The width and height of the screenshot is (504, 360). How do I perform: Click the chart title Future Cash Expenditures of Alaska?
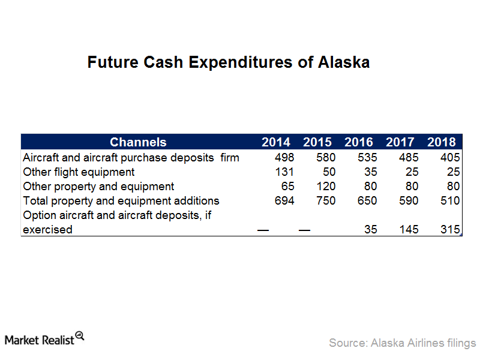point(229,62)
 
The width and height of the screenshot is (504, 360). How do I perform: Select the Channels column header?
point(138,142)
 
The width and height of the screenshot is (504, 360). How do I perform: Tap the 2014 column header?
point(276,142)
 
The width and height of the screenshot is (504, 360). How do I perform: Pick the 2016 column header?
point(359,142)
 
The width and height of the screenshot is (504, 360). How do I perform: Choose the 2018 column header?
point(442,142)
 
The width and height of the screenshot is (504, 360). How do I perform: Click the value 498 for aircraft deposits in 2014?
point(284,157)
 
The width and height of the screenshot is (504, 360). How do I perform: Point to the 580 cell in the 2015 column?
point(326,157)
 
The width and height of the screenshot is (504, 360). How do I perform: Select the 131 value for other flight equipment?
point(284,172)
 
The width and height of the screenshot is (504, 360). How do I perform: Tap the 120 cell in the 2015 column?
point(326,187)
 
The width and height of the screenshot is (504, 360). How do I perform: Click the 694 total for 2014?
point(284,201)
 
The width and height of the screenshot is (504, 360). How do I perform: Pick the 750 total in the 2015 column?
point(326,201)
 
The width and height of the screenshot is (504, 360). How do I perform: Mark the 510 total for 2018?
point(451,201)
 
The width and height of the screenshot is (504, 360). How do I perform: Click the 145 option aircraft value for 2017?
point(409,229)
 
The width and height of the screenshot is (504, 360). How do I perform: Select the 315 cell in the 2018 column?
point(451,229)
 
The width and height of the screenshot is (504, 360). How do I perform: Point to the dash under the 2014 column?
point(263,230)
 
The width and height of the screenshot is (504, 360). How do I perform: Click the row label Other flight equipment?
point(79,172)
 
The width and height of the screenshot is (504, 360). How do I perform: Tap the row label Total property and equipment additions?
point(121,201)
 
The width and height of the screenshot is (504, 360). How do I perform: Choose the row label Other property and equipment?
point(98,187)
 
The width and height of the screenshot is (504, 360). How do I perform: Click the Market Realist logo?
point(44,339)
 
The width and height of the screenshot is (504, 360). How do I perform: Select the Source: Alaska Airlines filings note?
point(403,343)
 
